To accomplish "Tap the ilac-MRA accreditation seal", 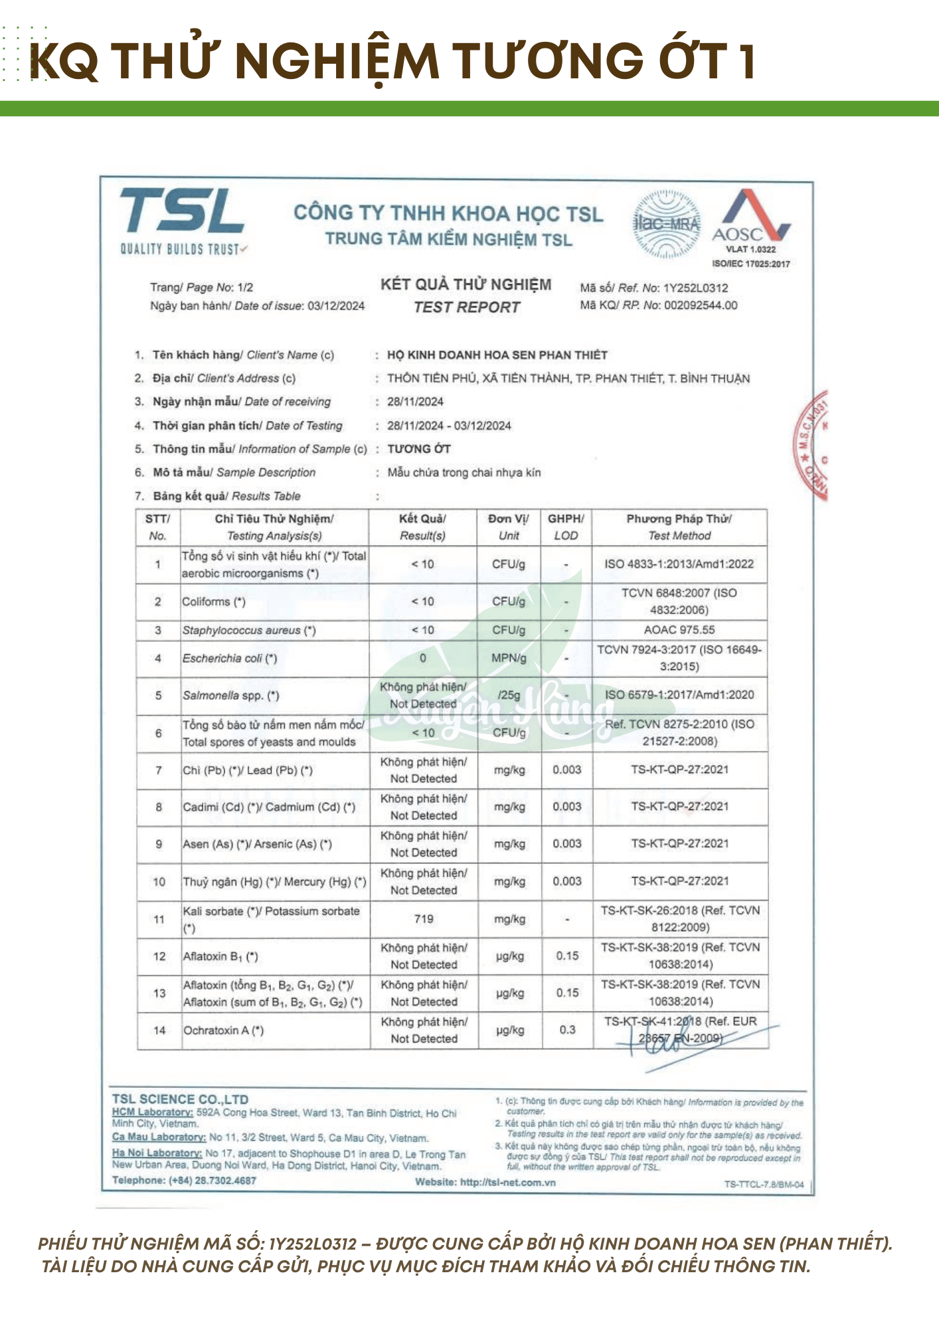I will pos(667,224).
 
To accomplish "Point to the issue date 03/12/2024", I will pos(336,305).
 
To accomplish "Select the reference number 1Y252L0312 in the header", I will pos(695,288).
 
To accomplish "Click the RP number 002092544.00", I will pos(701,305).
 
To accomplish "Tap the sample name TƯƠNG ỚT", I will pos(419,449).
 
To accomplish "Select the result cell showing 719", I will pos(424,919).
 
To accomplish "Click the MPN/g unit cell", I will pos(509,658).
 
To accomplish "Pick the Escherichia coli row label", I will pos(230,659).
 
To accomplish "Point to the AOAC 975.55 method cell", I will pos(679,629).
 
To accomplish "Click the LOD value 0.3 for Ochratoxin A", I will pos(567,1030).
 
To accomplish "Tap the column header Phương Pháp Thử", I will pos(679,519).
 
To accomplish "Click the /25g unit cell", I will pos(509,695).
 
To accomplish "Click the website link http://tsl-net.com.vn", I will pos(507,1182).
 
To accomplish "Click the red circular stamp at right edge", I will pos(812,445).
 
